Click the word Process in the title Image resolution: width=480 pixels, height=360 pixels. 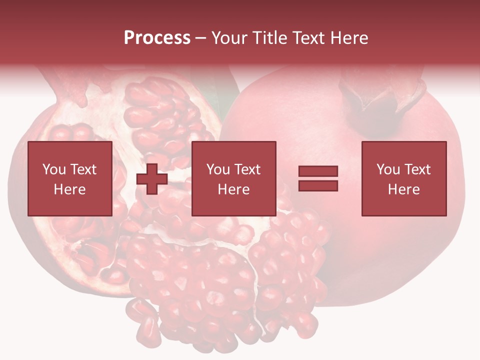click(157, 38)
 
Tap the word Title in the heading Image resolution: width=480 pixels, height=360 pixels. click(270, 38)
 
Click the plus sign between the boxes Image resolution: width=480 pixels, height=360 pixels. click(152, 179)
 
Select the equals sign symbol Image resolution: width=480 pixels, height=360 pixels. click(318, 178)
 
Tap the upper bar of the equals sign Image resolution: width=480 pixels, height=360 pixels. click(318, 171)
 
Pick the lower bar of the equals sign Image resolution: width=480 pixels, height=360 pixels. click(318, 185)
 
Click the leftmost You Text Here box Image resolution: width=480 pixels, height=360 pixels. click(69, 178)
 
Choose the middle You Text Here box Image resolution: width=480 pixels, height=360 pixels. click(233, 178)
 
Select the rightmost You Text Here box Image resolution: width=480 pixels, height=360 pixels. click(403, 178)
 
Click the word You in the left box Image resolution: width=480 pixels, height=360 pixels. click(54, 169)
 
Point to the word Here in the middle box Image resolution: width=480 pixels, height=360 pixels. click(233, 189)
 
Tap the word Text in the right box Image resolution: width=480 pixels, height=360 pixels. click(417, 169)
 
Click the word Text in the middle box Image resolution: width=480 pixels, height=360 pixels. click(247, 169)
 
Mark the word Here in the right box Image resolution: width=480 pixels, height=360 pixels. click(403, 189)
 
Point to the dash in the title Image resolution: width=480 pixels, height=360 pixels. click(201, 38)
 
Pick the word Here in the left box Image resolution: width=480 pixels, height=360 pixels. click(69, 189)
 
